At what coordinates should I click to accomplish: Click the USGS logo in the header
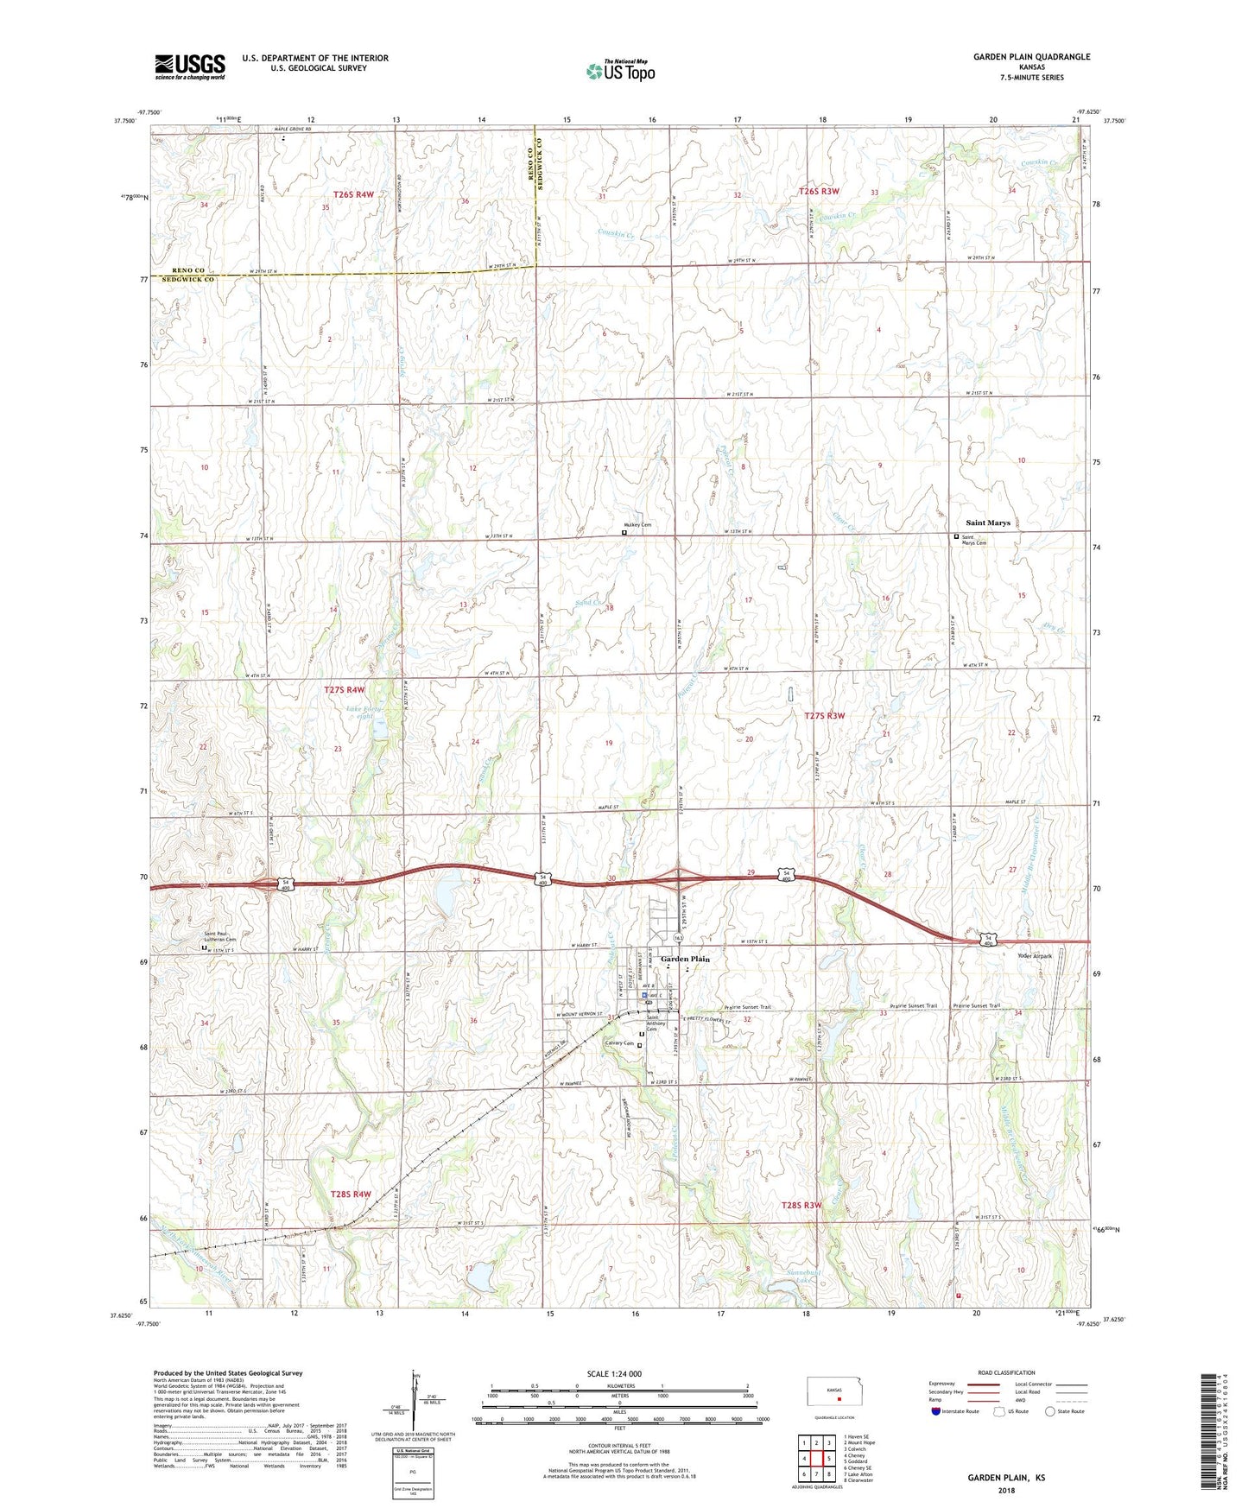tap(189, 67)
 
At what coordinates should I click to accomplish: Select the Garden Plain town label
tap(685, 959)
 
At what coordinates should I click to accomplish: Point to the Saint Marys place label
tap(987, 523)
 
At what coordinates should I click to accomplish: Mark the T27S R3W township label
tap(824, 715)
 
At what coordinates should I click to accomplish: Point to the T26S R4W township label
tap(353, 195)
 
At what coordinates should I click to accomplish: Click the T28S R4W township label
tap(350, 1194)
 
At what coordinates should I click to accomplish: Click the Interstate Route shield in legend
tap(936, 1411)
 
